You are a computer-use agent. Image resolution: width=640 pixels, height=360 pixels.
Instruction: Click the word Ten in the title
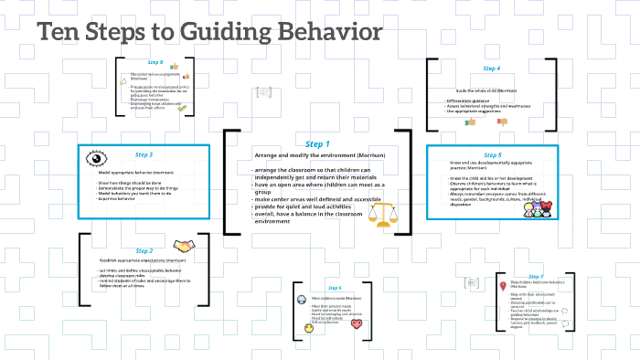[64, 33]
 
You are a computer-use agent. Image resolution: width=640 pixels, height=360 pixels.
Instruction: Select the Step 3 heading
[144, 155]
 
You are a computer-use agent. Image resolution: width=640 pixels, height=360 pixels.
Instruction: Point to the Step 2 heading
[144, 250]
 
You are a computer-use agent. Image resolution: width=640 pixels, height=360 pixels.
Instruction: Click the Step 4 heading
[492, 69]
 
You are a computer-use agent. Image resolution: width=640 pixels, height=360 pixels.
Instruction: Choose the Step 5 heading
[492, 155]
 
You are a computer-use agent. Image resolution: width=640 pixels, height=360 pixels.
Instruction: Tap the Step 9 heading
[155, 62]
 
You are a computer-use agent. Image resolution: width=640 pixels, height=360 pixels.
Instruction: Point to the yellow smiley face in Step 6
[308, 327]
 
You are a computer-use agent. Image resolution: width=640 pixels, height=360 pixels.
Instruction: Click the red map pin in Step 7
[503, 286]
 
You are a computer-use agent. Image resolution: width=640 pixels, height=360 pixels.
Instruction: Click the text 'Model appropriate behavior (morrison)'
[136, 172]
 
